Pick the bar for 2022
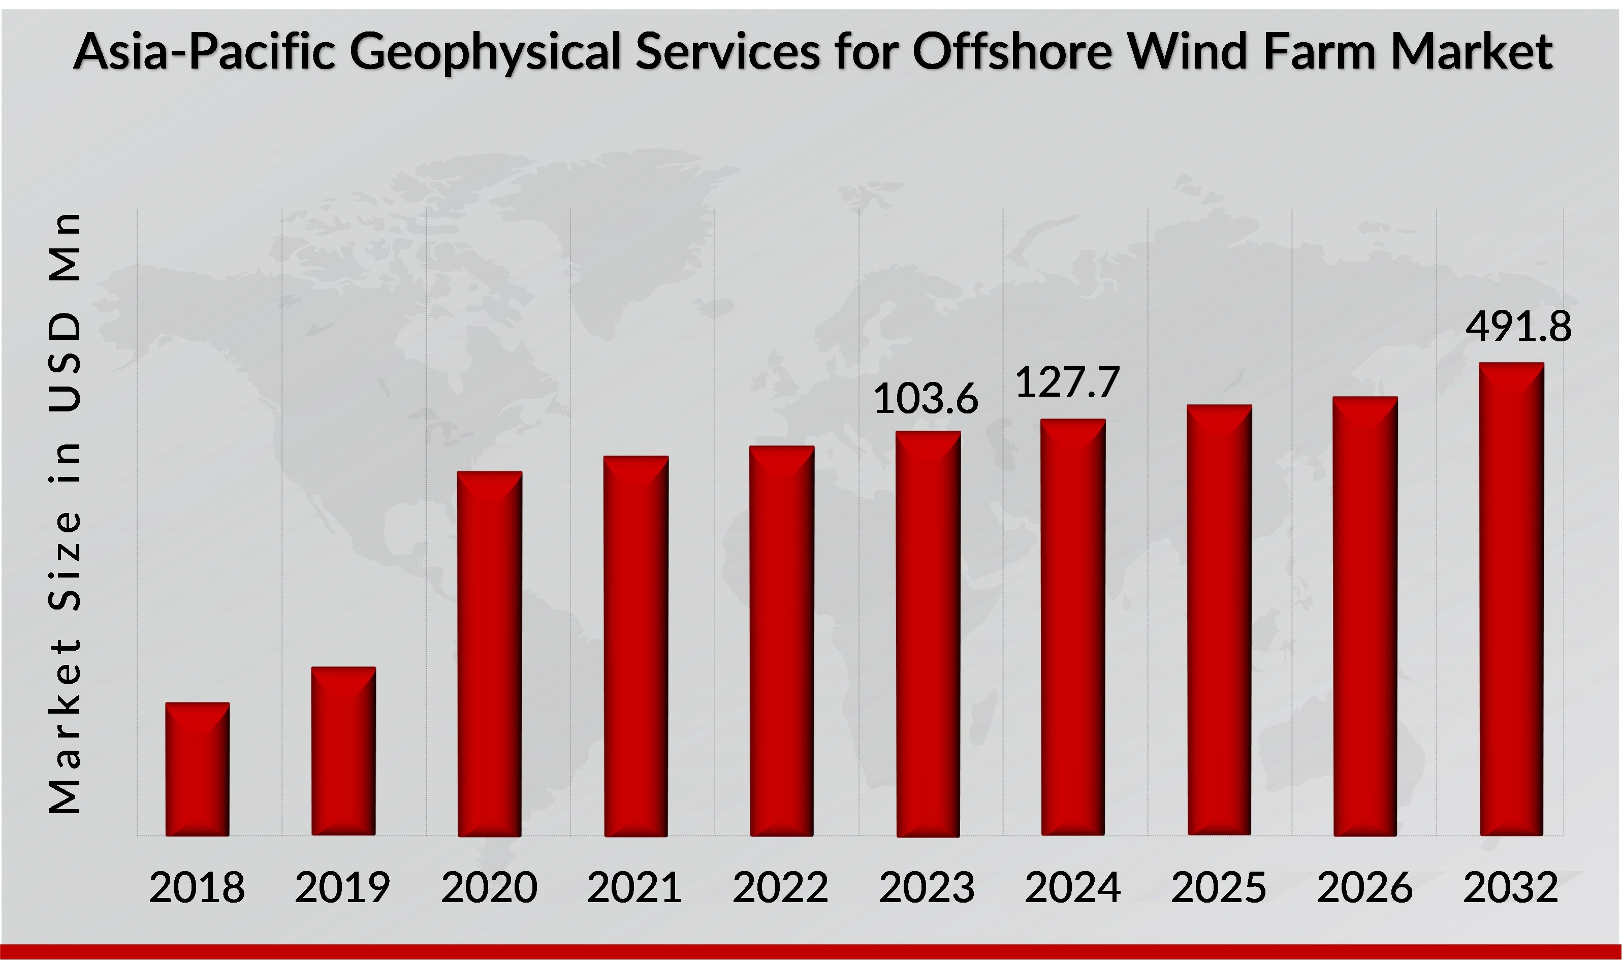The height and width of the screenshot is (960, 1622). [782, 641]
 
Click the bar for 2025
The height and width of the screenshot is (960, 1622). [1219, 620]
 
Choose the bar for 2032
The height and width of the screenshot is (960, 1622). [1511, 598]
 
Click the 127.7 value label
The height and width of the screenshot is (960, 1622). [1067, 382]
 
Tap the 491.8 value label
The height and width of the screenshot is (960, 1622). [1518, 326]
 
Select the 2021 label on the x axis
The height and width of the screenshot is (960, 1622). [634, 887]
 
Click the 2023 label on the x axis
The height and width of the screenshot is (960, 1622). [927, 887]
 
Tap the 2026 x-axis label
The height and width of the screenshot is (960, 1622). [1364, 887]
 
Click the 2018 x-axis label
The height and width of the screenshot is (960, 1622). [197, 887]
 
